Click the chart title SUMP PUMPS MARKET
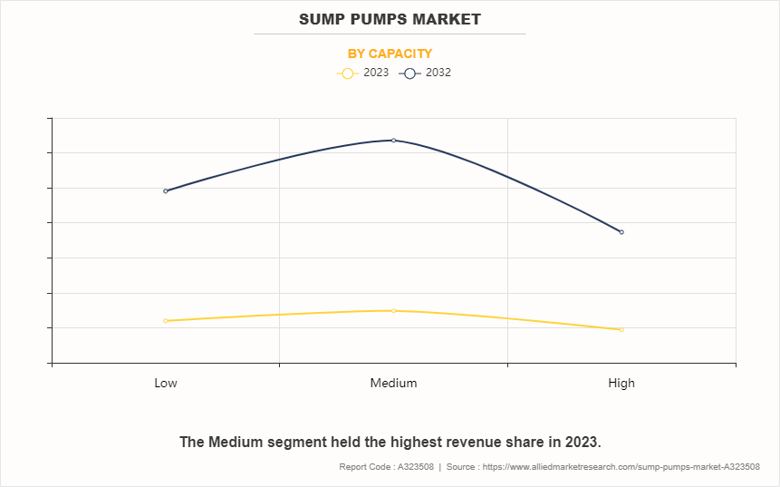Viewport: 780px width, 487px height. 390,19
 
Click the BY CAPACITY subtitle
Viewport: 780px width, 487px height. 390,54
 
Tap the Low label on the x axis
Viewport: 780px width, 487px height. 166,383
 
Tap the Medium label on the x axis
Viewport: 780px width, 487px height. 393,383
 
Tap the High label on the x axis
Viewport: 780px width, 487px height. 621,383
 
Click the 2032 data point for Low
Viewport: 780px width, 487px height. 166,191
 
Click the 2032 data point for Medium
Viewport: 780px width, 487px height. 393,141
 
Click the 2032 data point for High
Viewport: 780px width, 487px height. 621,232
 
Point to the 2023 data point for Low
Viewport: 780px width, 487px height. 166,321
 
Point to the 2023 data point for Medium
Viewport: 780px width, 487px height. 393,311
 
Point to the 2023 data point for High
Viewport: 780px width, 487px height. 621,329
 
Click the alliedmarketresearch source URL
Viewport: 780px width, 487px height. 623,466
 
